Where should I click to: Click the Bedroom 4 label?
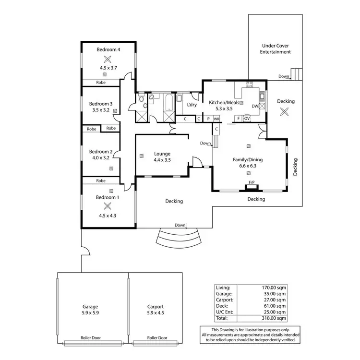pos(108,49)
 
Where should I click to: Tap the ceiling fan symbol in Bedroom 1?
pos(108,206)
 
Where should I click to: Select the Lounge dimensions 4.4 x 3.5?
pos(162,160)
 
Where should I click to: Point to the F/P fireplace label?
pos(251,182)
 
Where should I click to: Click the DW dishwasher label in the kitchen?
pos(255,106)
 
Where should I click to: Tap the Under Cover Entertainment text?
pos(276,48)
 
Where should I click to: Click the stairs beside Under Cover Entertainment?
pos(298,74)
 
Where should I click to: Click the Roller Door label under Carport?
pos(156,337)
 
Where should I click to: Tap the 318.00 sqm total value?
pos(276,318)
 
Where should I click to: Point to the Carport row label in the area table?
pos(225,299)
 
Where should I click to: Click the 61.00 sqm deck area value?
pos(276,305)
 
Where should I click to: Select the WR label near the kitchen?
pos(217,119)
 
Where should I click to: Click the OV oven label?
pos(247,118)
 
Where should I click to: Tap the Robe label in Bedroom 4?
pos(101,83)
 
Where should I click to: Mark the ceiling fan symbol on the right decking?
pos(285,111)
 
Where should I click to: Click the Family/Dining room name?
pos(248,160)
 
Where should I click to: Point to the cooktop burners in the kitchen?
pos(249,85)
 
